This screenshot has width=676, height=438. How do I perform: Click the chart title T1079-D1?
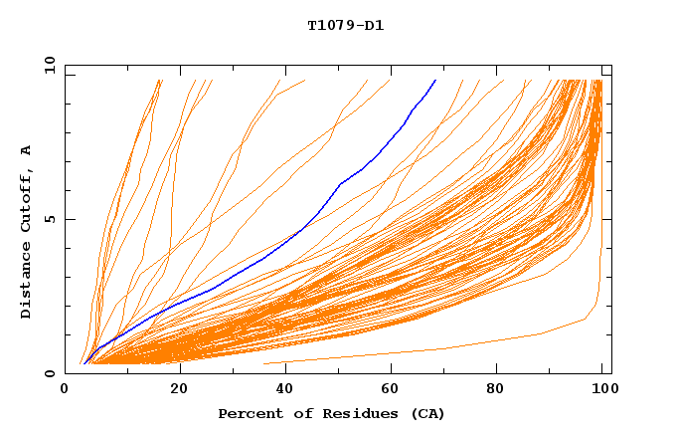[x=346, y=26]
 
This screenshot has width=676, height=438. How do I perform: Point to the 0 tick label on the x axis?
[x=65, y=389]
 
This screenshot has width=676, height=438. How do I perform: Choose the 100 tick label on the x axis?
[x=602, y=389]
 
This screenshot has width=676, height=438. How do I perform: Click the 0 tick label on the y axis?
[x=50, y=373]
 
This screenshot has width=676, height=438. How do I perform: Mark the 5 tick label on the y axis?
[x=50, y=219]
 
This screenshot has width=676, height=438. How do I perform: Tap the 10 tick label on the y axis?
[x=47, y=64]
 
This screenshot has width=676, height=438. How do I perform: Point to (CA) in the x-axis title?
[x=426, y=413]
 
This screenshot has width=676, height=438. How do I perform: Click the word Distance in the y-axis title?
[x=26, y=281]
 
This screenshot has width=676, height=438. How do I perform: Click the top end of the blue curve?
[x=435, y=81]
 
